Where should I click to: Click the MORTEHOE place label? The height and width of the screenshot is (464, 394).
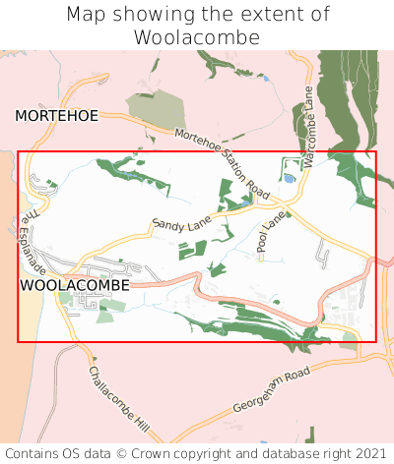(57, 116)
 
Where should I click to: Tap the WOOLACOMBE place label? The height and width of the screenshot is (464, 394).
(74, 285)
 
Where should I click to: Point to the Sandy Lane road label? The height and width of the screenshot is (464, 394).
(182, 225)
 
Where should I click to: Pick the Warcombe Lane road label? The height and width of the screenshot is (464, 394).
(308, 127)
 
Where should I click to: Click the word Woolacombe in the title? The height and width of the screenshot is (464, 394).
(197, 37)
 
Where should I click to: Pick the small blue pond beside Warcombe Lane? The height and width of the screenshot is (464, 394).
(288, 180)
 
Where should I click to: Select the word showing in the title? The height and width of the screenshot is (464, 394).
(160, 15)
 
